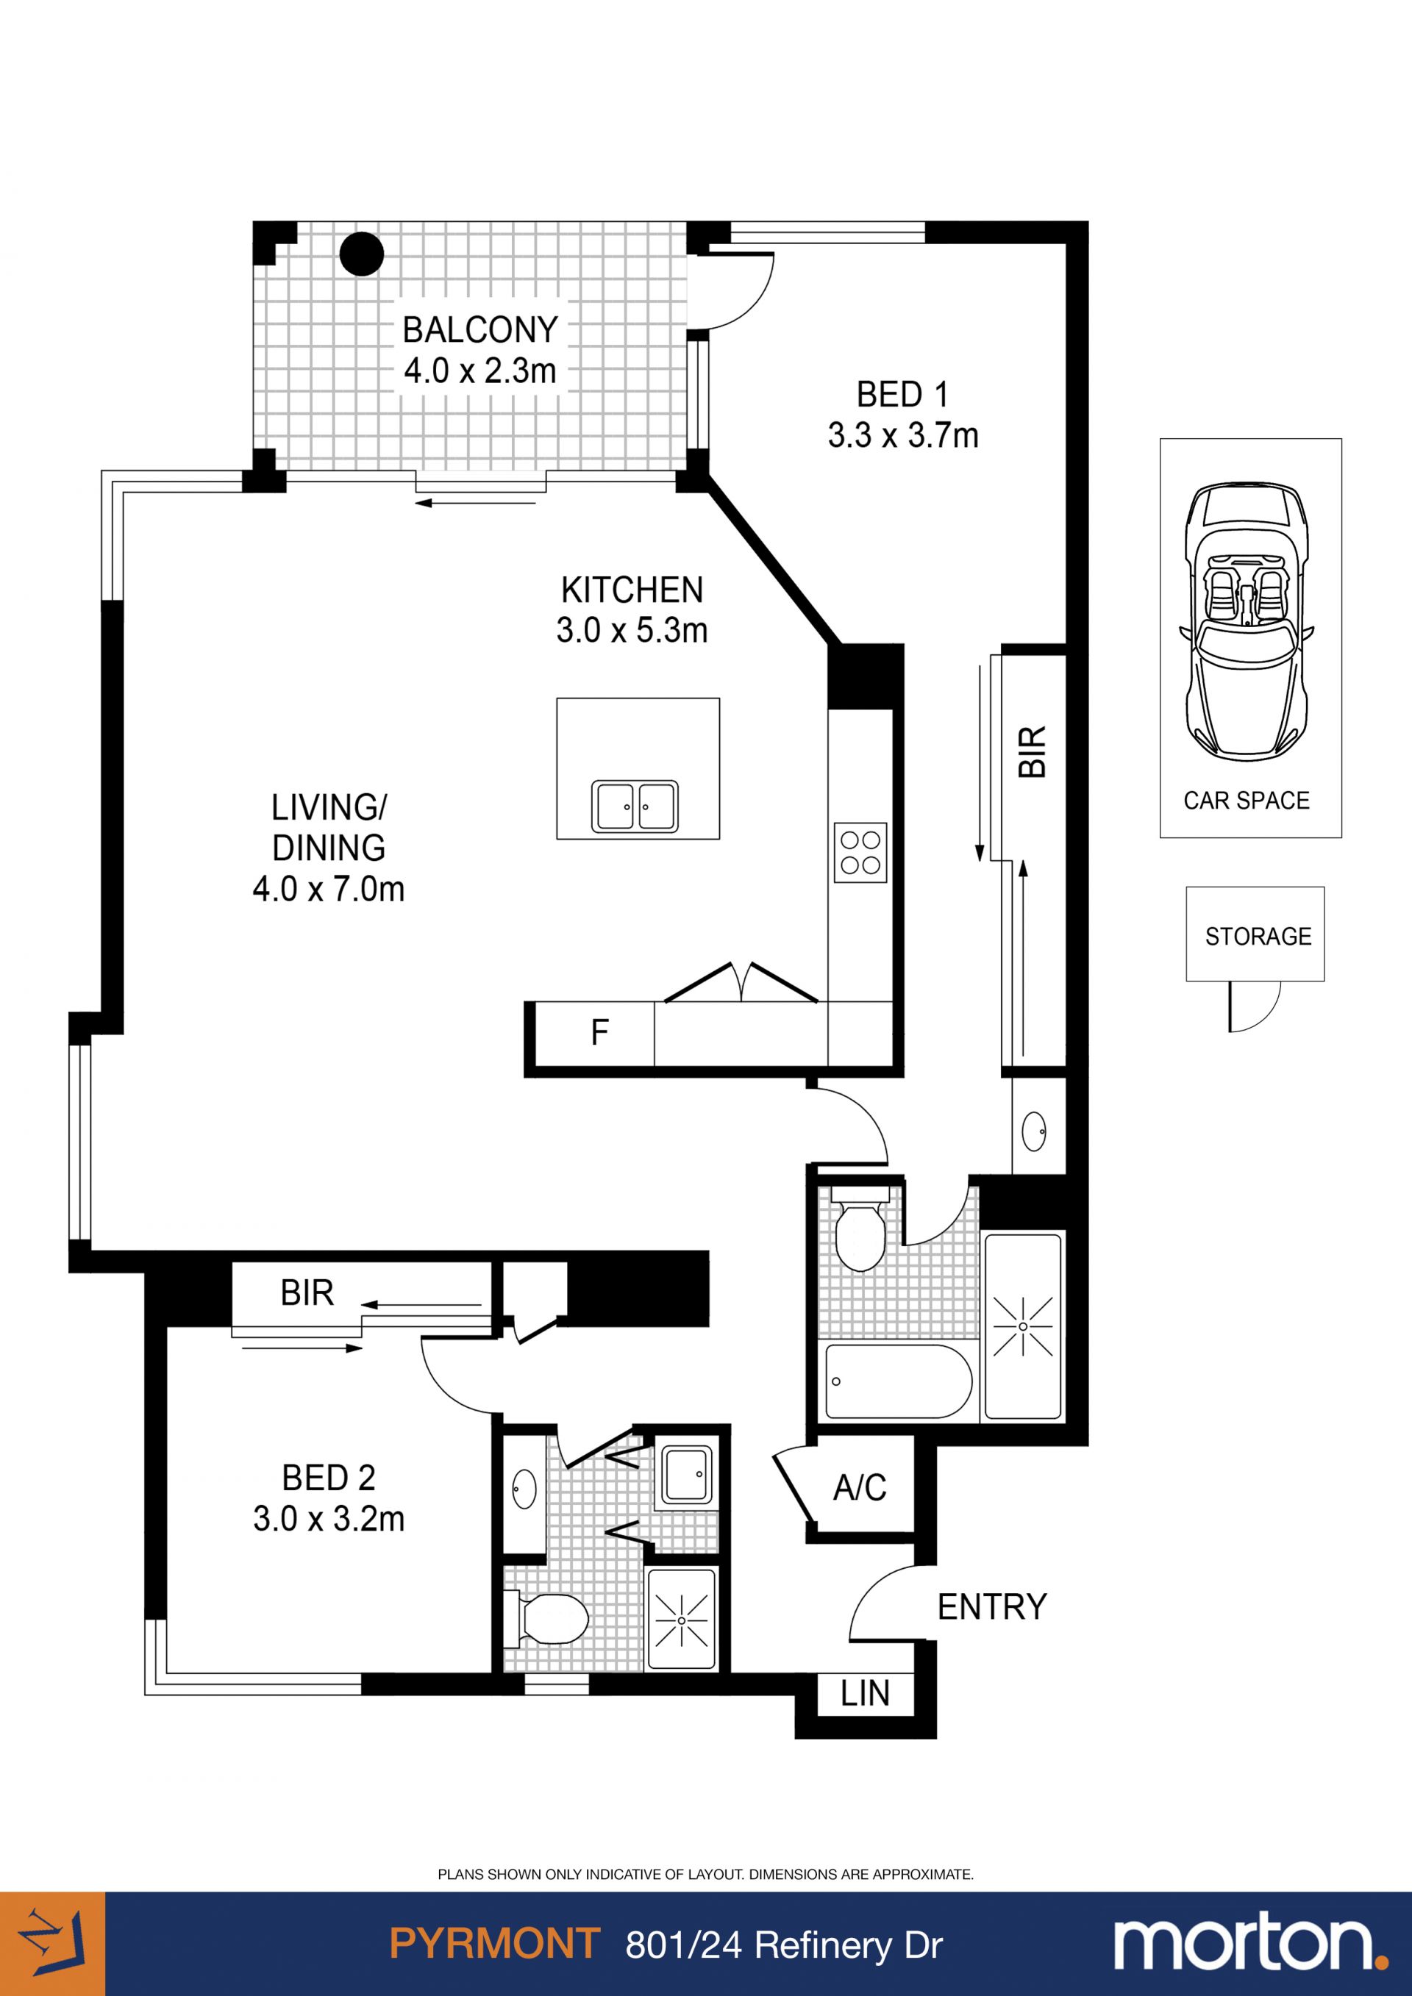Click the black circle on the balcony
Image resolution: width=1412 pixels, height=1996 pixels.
click(x=361, y=254)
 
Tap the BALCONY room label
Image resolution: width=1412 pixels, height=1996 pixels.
click(x=480, y=330)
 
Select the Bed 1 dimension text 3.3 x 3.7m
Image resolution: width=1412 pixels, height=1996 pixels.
click(x=902, y=434)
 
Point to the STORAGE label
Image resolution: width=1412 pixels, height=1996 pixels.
click(x=1258, y=937)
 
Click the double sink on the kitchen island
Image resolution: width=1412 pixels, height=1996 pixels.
click(x=635, y=806)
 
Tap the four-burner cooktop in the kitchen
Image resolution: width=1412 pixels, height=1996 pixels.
click(x=860, y=852)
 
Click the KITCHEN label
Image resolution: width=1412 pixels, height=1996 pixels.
click(x=632, y=590)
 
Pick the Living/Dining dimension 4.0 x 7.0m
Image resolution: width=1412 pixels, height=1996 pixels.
click(x=329, y=890)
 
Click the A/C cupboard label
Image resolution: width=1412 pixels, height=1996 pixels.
click(x=860, y=1487)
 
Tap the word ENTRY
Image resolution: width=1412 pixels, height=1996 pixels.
click(x=992, y=1607)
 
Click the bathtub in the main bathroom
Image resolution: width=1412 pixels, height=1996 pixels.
click(x=898, y=1381)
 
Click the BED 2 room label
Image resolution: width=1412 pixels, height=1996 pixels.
click(x=329, y=1478)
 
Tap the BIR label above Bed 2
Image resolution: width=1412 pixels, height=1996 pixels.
click(x=307, y=1294)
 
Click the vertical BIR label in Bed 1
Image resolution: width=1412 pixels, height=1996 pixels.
click(x=1032, y=752)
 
